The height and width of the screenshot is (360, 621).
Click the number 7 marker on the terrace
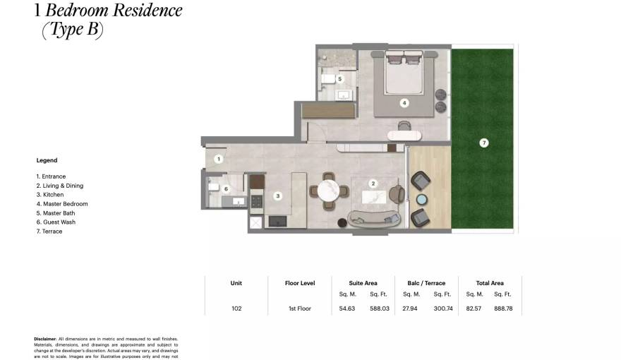pos(483,143)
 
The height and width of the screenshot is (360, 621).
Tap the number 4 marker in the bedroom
pos(404,102)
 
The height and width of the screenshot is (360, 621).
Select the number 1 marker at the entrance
pos(219,159)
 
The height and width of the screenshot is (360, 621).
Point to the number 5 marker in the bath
pos(339,79)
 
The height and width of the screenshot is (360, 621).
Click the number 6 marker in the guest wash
pos(227,189)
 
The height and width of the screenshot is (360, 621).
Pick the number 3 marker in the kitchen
pos(278,196)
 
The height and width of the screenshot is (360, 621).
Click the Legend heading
pos(47,160)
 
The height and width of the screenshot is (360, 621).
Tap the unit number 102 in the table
pos(236,308)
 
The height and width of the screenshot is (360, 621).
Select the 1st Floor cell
pos(299,308)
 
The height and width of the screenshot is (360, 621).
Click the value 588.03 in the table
pos(380,308)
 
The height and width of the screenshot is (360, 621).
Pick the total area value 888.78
pos(503,308)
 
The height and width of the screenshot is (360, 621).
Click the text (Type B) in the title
pos(73,31)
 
